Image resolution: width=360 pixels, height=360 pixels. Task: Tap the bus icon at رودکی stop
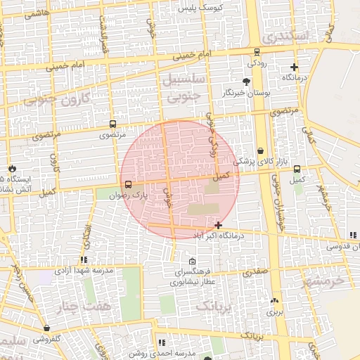257,52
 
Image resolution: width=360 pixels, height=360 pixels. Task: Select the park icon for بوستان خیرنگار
246,82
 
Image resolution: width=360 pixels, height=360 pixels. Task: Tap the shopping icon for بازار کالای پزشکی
261,150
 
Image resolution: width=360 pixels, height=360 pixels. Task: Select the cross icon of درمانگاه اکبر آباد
219,226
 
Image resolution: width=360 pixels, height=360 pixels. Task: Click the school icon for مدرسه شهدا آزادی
84,261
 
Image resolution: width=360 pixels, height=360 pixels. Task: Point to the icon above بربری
274,301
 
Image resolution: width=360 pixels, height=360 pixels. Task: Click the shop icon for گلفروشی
46,328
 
